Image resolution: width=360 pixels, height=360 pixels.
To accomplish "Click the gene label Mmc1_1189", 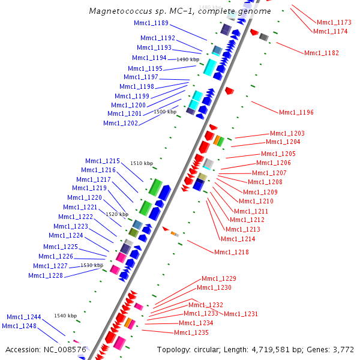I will [x=152, y=23].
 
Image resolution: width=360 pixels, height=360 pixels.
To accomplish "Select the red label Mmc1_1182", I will [x=321, y=53].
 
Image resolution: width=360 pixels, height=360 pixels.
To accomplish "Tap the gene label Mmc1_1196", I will [x=296, y=112].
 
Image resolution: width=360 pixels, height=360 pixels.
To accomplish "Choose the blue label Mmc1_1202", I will [x=121, y=123].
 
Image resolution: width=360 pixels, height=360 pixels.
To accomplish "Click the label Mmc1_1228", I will [x=46, y=275].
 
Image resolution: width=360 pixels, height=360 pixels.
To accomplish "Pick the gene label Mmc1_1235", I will [x=191, y=332].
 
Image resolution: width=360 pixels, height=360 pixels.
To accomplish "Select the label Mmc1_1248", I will [x=19, y=326].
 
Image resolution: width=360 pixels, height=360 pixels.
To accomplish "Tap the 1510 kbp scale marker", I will [x=142, y=163].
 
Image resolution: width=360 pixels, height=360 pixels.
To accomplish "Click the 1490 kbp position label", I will [x=188, y=59].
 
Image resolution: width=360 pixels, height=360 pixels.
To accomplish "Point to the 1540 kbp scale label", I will [x=65, y=316].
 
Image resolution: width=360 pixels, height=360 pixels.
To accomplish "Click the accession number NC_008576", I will [x=65, y=349].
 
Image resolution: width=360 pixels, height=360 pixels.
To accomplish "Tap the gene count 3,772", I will [x=341, y=349].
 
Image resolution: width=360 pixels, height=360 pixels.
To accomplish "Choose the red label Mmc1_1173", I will [x=334, y=22].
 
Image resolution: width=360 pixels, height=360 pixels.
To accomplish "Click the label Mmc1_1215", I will [x=103, y=161].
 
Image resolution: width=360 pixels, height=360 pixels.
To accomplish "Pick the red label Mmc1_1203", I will [x=287, y=133].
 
